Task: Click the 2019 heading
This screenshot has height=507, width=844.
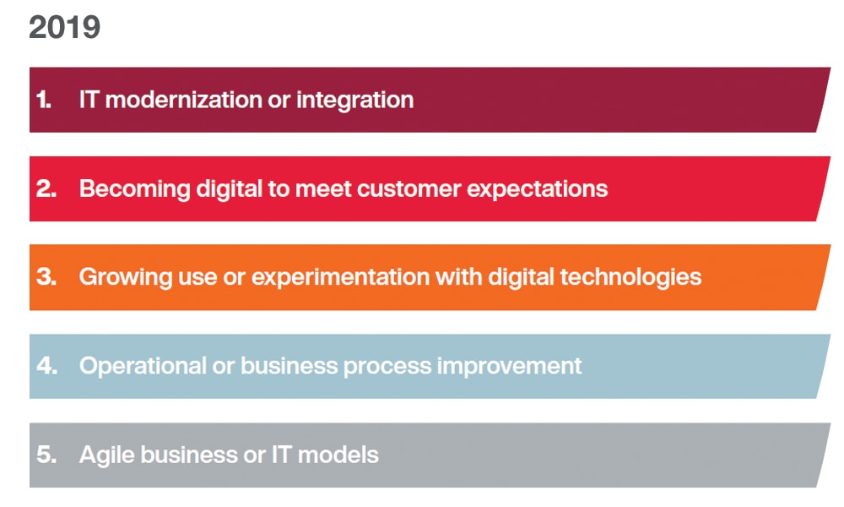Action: (65, 28)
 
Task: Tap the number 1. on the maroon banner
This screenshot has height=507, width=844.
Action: (44, 100)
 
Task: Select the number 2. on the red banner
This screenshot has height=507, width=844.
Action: (46, 188)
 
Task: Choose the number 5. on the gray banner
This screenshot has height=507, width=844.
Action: (46, 455)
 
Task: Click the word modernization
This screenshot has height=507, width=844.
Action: (183, 100)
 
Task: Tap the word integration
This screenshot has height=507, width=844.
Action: (354, 101)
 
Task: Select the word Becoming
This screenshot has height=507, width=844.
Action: (134, 189)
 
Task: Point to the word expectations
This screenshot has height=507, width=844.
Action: (537, 189)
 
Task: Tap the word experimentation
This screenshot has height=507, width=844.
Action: (341, 278)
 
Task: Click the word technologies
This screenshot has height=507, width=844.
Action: (630, 277)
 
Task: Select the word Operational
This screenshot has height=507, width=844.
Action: (143, 367)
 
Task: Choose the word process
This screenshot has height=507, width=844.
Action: (387, 368)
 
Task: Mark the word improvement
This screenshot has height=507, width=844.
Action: (509, 367)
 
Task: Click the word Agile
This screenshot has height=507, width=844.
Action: (107, 455)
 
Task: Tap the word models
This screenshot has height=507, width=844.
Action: (338, 455)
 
